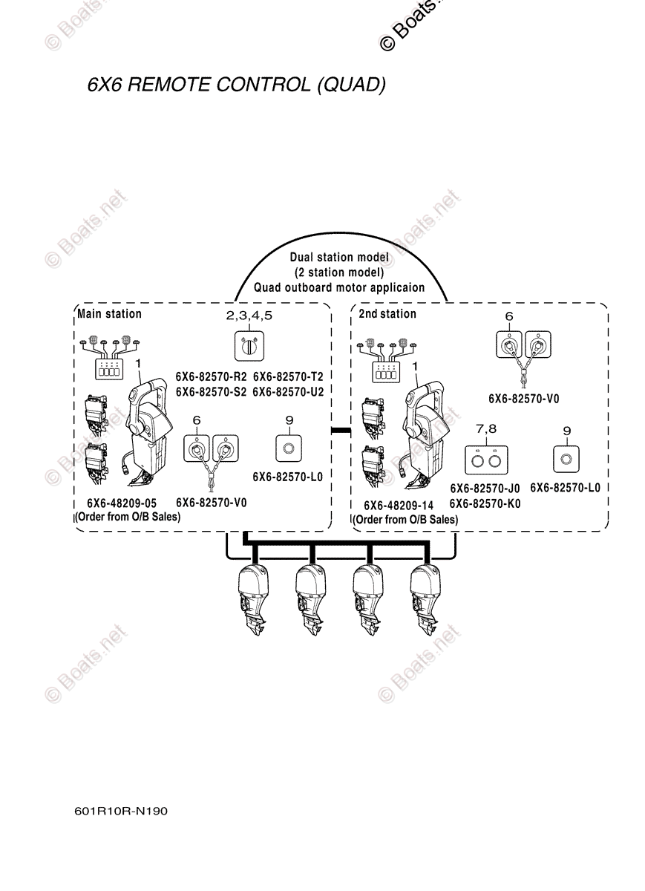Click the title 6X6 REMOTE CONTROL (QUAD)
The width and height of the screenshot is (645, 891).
point(236,85)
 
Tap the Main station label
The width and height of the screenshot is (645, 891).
point(109,314)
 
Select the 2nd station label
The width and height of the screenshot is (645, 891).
point(387,314)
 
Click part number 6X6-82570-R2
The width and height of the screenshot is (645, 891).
point(211,376)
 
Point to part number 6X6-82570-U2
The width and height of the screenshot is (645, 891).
point(288,391)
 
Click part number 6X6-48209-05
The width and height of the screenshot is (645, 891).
point(122,503)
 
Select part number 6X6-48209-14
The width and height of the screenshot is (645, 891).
point(399,505)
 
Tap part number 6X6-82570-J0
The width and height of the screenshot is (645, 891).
point(485,488)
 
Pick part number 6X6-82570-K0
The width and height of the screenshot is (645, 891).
point(485,503)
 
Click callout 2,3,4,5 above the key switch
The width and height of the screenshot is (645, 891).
point(249,316)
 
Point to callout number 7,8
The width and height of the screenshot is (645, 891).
point(485,430)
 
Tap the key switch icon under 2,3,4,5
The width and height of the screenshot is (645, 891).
point(249,345)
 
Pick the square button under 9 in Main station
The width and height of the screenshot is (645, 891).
point(289,447)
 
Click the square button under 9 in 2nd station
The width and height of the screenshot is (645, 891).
point(566,458)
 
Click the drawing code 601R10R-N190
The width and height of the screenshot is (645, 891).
point(121,811)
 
